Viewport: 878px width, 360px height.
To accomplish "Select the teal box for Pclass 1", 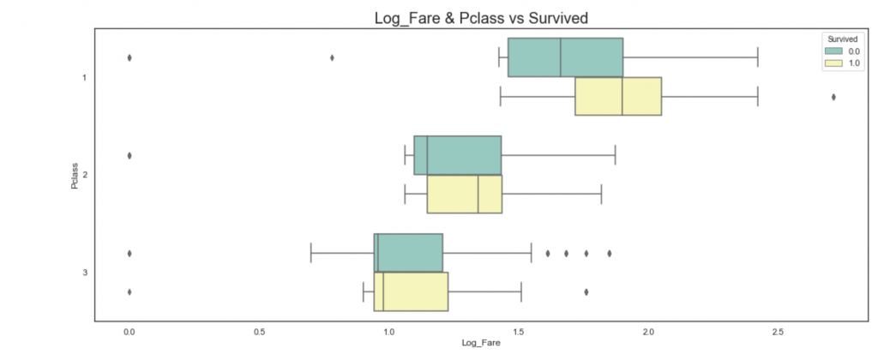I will [565, 57].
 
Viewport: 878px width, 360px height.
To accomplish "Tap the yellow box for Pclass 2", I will [464, 194].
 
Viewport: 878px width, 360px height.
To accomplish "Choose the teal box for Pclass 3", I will [408, 253].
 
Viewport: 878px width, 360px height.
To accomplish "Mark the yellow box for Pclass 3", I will [411, 291].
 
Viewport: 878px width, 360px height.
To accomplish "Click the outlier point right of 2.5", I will [833, 97].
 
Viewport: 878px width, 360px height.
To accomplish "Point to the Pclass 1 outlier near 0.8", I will [332, 57].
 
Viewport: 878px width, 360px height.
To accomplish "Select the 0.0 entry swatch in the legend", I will [830, 51].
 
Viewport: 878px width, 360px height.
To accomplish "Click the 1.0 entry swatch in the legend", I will [830, 63].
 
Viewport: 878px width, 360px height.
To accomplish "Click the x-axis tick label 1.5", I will [519, 330].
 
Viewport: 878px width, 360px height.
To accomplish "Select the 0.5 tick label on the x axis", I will [259, 330].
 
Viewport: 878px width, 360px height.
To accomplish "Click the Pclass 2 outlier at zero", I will [129, 155].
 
